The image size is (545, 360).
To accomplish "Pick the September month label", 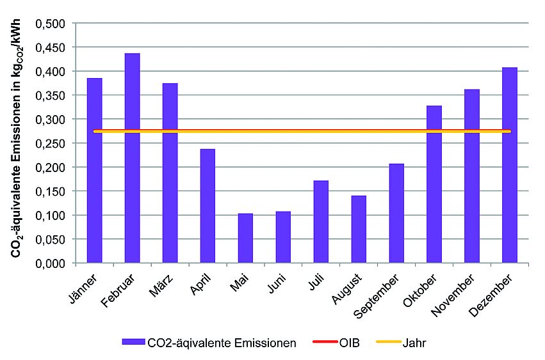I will click(x=382, y=295).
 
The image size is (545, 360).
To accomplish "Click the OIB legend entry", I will click(x=350, y=343).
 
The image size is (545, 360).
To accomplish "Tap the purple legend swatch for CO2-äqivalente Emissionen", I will click(x=134, y=343).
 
